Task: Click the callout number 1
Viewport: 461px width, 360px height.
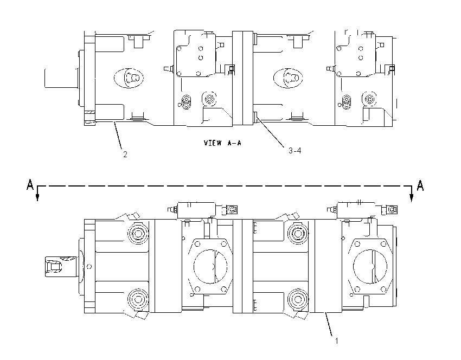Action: point(337,341)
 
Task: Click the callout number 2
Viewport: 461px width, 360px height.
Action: point(125,155)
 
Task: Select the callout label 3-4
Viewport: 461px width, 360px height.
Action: point(295,151)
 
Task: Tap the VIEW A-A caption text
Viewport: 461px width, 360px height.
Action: point(222,143)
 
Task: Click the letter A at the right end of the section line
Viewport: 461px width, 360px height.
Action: point(420,186)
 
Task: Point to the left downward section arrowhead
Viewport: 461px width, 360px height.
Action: point(37,197)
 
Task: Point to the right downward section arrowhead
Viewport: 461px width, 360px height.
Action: point(411,198)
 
